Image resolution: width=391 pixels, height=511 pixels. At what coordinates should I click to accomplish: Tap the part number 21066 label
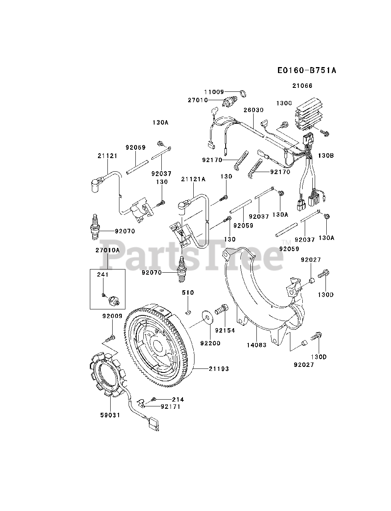click(x=302, y=86)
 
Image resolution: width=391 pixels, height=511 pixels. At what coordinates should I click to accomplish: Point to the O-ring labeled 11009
click(x=242, y=95)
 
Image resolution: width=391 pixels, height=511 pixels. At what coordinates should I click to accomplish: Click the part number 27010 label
click(x=198, y=100)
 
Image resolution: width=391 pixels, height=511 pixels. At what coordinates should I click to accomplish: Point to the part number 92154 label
click(x=225, y=331)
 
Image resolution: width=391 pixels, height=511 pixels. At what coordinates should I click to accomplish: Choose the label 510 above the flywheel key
click(x=188, y=293)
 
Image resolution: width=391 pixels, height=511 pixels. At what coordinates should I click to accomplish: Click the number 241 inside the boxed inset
click(x=103, y=275)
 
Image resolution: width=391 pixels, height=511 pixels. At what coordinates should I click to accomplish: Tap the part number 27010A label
click(x=107, y=250)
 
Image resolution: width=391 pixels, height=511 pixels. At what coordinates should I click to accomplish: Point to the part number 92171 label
click(x=171, y=407)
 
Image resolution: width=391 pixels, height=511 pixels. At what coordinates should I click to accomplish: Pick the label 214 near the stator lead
click(x=178, y=399)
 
